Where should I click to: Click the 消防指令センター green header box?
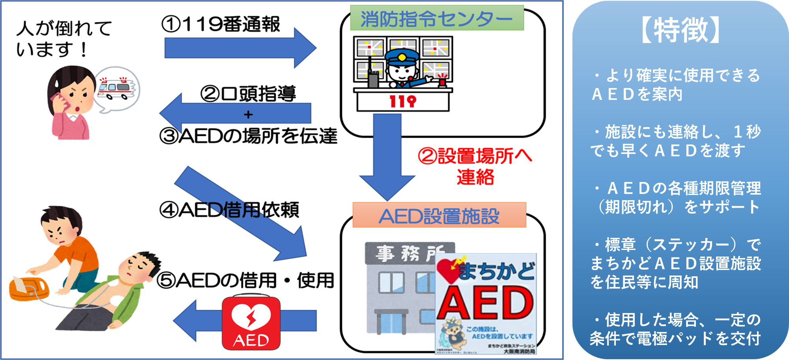437,18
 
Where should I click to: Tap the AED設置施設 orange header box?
439,216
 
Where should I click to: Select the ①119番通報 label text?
221,24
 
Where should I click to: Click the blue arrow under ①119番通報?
240,48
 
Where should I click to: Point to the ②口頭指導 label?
248,94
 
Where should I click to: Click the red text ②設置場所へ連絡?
475,166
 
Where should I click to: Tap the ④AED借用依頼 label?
229,210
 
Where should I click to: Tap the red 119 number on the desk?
402,101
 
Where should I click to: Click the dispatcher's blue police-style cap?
402,58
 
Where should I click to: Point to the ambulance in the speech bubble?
115,89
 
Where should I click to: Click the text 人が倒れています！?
63,39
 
